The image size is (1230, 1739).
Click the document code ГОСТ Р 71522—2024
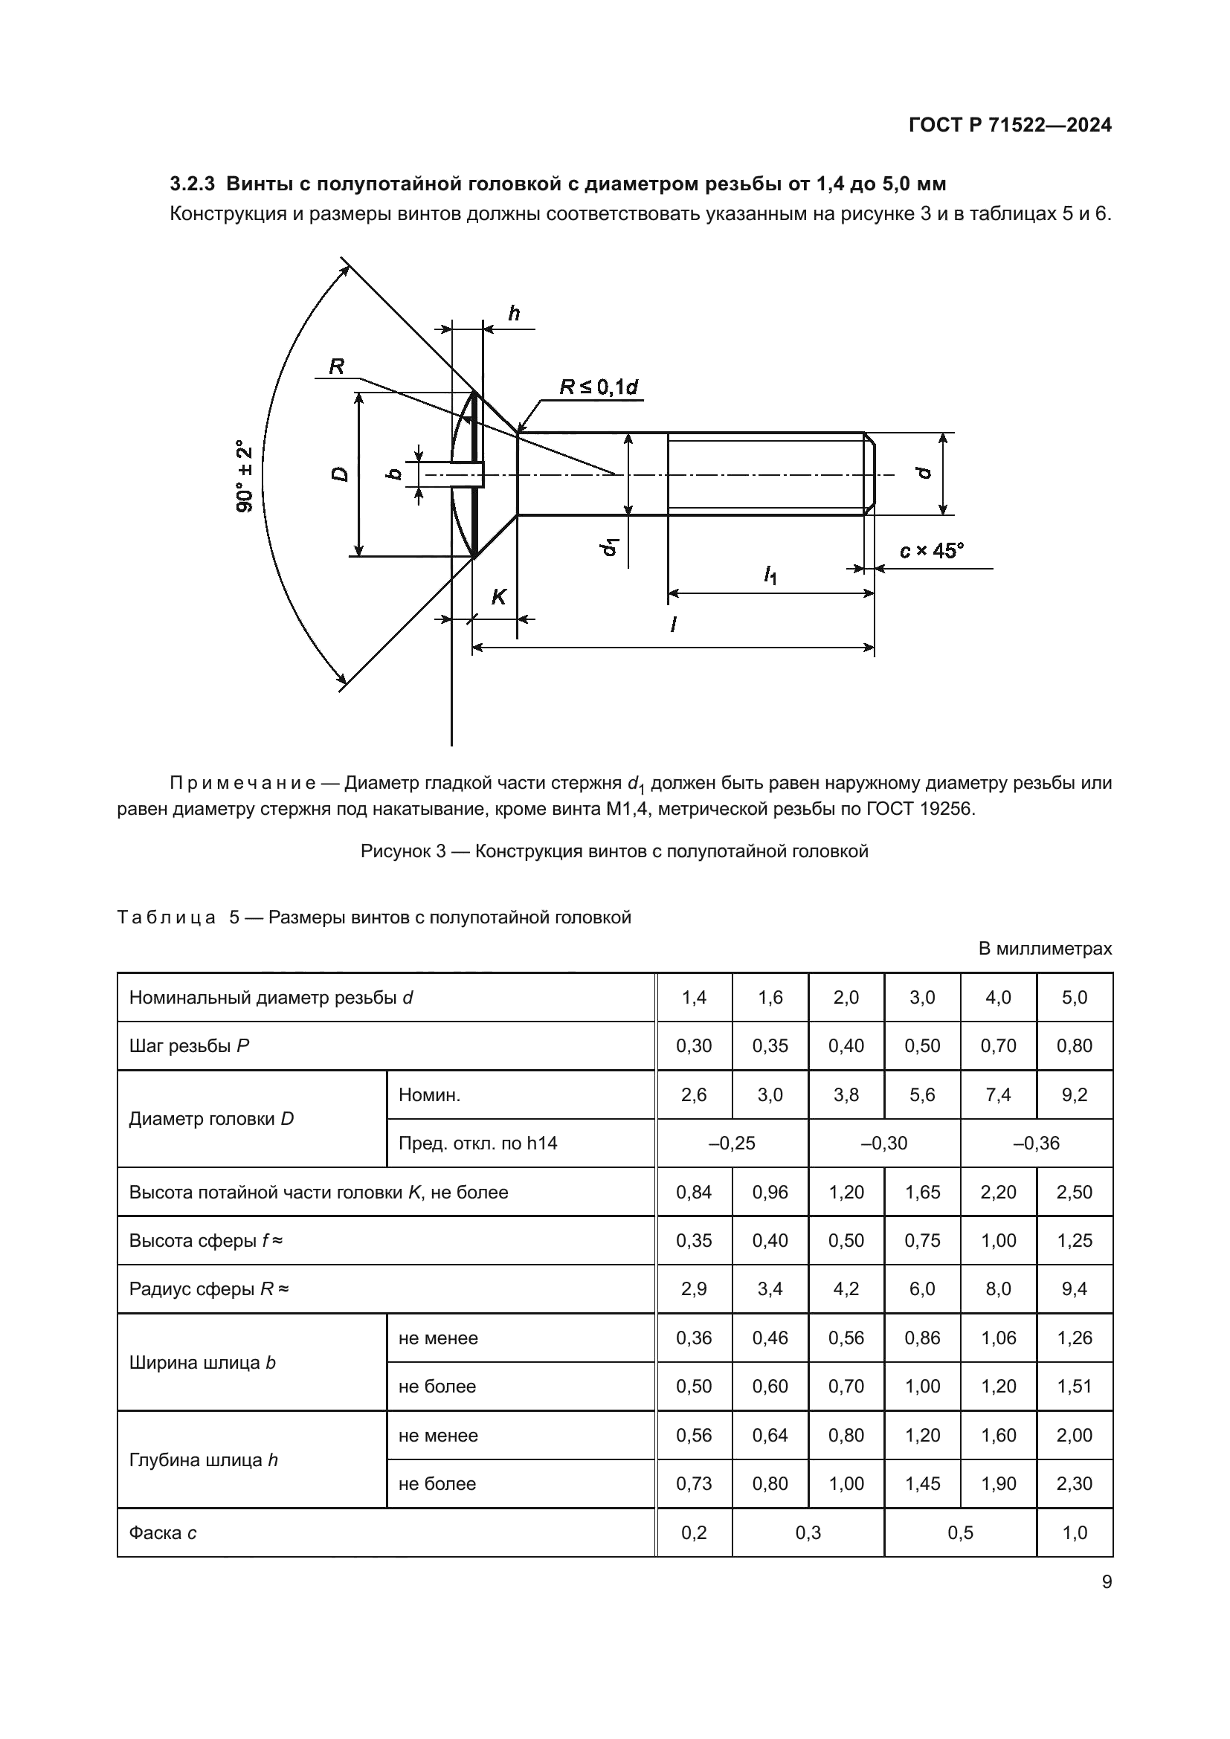[1010, 125]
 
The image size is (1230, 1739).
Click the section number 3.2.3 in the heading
[193, 184]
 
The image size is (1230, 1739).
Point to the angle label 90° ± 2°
[244, 477]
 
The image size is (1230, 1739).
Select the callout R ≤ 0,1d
[599, 387]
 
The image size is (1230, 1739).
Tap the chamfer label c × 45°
[932, 551]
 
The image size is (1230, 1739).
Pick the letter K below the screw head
[498, 598]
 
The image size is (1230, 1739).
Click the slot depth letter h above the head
[514, 314]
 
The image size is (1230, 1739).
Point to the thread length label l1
[770, 575]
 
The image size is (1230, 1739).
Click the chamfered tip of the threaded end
[870, 474]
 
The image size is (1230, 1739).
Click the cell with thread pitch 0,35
[770, 1046]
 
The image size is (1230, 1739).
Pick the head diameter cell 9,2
[1074, 1094]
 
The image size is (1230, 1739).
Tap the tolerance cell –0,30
[884, 1143]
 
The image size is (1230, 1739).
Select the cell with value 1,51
[1074, 1386]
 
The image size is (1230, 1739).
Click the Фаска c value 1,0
[1074, 1533]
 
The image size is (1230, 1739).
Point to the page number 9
[1107, 1582]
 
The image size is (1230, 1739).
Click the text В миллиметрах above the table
[1044, 948]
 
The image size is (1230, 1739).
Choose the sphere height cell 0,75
[921, 1241]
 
